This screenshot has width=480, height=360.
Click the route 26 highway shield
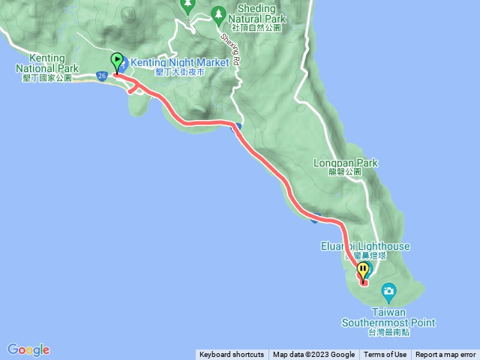(101, 75)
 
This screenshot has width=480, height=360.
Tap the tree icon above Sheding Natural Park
(218, 13)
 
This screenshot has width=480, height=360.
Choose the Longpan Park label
(346, 162)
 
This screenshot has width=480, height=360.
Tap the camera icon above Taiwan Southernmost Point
(388, 289)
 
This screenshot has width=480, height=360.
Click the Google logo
(28, 349)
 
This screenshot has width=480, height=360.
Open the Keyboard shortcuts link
(232, 355)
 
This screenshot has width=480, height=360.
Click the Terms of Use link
(385, 355)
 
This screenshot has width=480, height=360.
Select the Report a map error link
(445, 355)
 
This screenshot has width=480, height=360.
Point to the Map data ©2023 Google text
(313, 355)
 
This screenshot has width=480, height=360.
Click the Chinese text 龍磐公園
(344, 172)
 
